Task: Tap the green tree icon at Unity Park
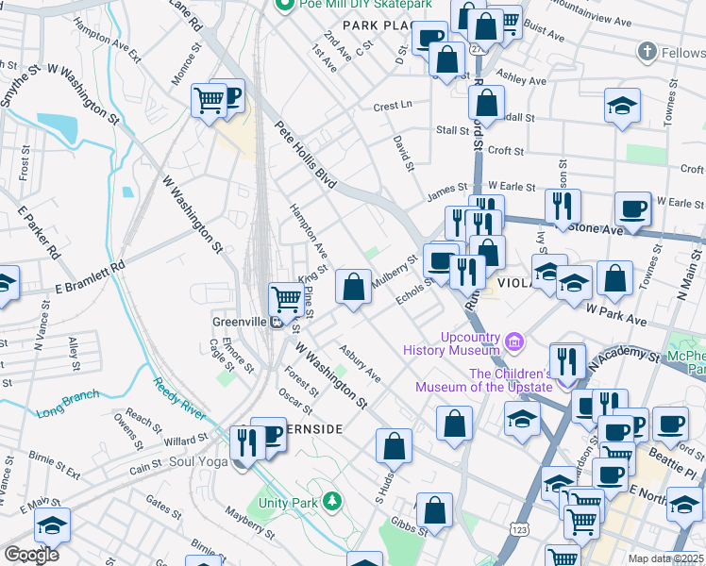coord(331,499)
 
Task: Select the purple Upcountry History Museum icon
coord(514,340)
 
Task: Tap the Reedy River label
coord(179,395)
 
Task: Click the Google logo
coord(32,554)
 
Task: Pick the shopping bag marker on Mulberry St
coord(353,287)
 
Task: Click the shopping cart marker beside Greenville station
coord(285,299)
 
